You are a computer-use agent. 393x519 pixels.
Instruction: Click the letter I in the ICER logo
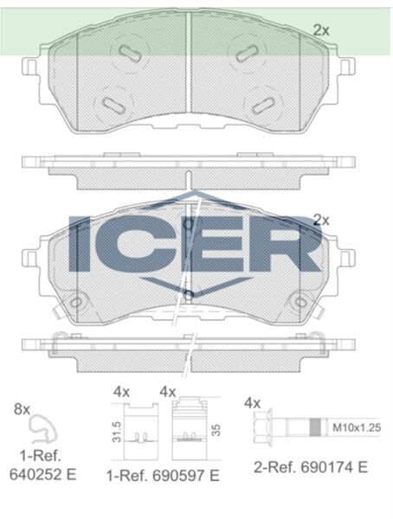click(80, 244)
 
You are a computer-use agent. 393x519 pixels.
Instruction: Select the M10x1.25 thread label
click(357, 427)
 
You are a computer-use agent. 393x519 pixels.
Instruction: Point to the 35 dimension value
click(216, 430)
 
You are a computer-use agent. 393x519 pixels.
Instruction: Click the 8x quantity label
click(22, 409)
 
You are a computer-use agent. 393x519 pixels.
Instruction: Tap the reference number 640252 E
click(42, 475)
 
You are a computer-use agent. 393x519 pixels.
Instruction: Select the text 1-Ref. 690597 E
click(163, 476)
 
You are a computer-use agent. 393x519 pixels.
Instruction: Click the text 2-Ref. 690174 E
click(311, 467)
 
